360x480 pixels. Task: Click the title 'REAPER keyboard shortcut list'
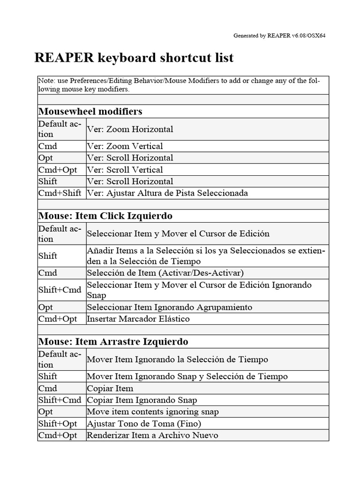click(x=134, y=58)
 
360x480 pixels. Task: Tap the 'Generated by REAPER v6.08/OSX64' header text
click(x=279, y=36)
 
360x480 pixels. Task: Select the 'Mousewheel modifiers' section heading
click(x=90, y=111)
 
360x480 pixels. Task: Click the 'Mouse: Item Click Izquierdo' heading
click(x=105, y=216)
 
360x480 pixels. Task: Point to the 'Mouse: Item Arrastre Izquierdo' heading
click(x=113, y=342)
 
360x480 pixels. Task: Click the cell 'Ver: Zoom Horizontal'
click(x=130, y=129)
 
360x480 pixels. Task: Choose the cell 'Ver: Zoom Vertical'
click(x=125, y=146)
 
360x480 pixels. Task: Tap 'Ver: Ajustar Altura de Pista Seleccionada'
click(x=167, y=193)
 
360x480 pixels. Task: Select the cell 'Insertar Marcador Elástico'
click(x=138, y=319)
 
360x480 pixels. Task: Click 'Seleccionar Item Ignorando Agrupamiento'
click(x=169, y=307)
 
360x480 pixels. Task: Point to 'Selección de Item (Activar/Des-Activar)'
click(x=165, y=273)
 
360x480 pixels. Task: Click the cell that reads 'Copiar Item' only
click(x=110, y=388)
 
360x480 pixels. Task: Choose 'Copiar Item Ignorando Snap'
click(x=142, y=400)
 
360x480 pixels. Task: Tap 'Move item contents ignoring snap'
click(x=153, y=412)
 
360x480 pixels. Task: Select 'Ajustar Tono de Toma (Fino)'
click(x=144, y=423)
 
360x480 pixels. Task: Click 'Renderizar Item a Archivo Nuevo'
click(x=152, y=435)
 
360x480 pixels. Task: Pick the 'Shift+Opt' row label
click(x=57, y=423)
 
